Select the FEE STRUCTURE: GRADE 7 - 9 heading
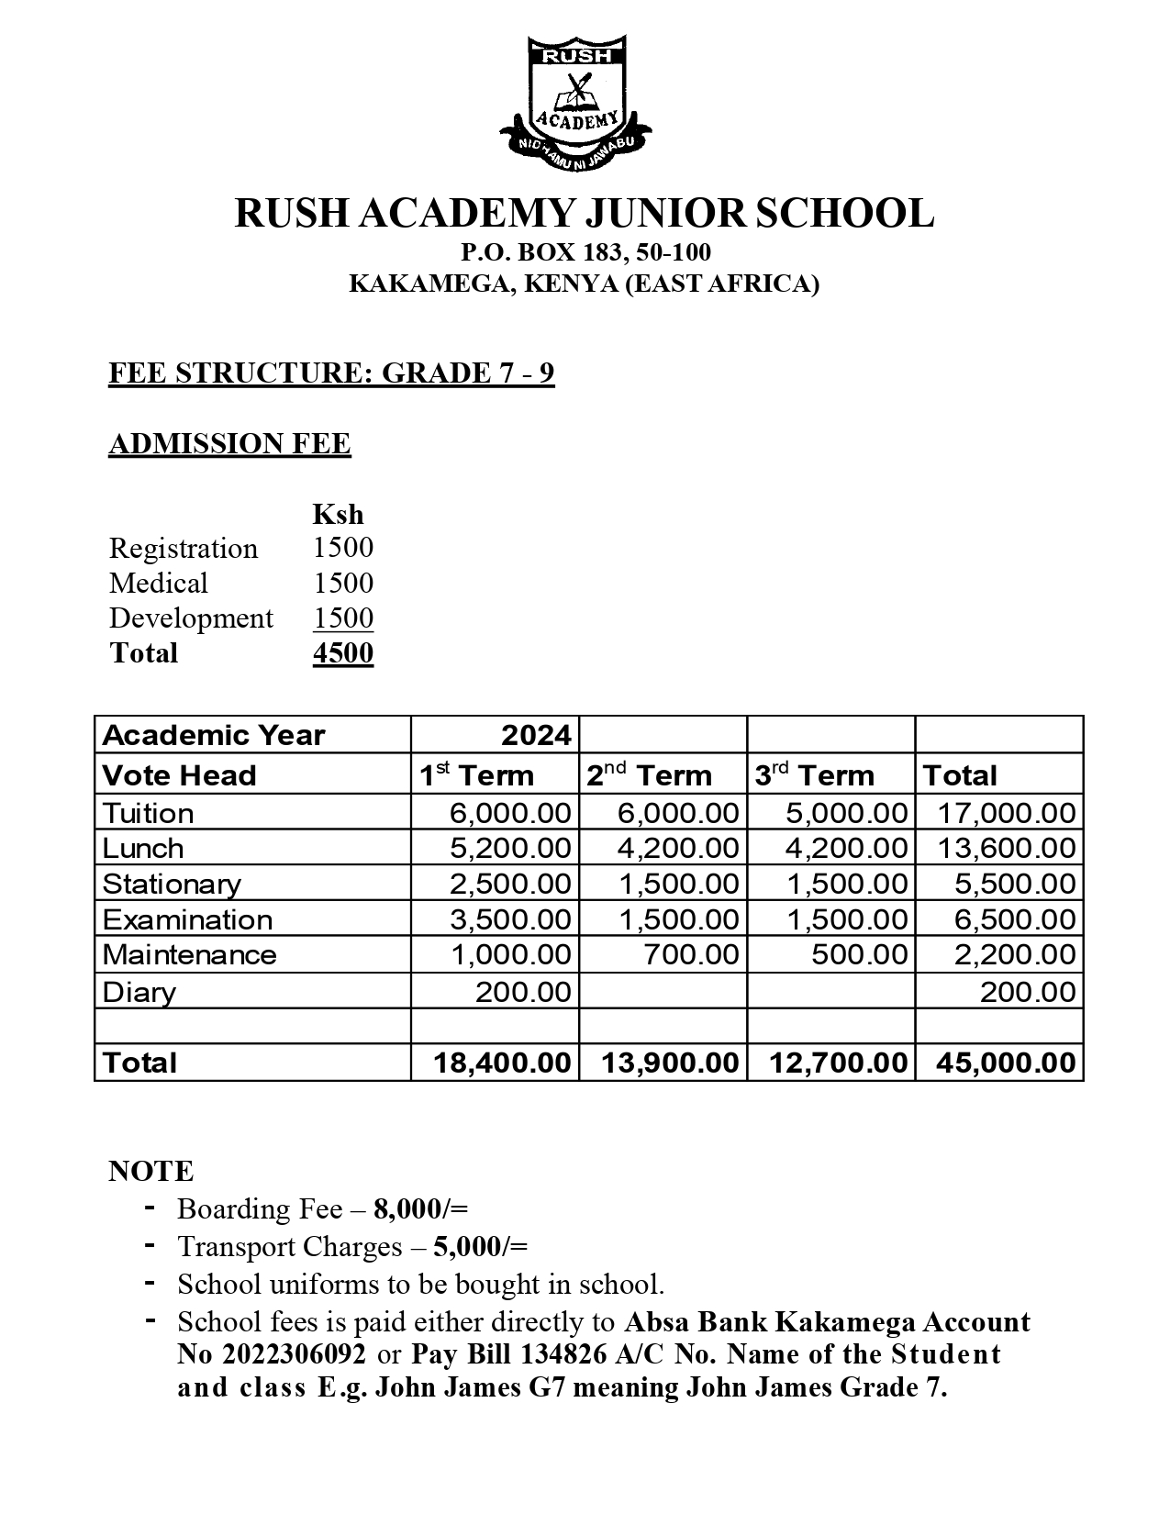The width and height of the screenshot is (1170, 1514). [331, 373]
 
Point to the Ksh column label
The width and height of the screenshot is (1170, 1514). [338, 514]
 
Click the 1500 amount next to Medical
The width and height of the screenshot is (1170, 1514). [343, 583]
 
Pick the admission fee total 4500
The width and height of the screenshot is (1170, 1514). [343, 653]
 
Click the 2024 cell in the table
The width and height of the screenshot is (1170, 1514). [536, 735]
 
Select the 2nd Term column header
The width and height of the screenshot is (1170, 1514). [649, 775]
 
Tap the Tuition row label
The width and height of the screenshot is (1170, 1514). [149, 814]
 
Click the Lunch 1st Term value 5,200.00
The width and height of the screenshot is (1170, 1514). [510, 848]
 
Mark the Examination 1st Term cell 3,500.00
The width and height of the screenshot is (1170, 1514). [510, 919]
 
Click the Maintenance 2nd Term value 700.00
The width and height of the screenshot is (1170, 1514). [691, 954]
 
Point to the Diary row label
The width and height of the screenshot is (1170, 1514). [139, 992]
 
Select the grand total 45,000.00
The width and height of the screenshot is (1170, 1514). [1005, 1063]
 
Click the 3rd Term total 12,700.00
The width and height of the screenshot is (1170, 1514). [838, 1063]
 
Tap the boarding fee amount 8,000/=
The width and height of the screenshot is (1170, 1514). [420, 1209]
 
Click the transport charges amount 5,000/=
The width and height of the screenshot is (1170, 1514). [480, 1247]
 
